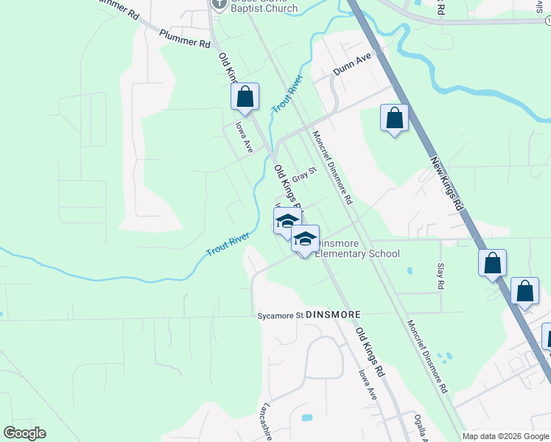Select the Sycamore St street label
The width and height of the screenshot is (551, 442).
[280, 315]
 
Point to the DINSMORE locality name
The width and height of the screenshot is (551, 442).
[333, 315]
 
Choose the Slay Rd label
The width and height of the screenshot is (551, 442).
[441, 277]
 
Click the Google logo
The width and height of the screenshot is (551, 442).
[24, 433]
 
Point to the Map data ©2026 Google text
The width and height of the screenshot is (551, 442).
[506, 436]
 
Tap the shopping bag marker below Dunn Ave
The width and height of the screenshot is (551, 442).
[394, 118]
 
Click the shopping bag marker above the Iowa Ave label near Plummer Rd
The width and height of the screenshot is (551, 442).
[245, 97]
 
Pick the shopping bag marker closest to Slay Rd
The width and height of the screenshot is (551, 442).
[491, 264]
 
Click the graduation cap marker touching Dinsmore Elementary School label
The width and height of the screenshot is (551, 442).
[305, 239]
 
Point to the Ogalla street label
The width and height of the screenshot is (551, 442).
[420, 427]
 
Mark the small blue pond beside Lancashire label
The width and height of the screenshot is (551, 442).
[306, 418]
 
